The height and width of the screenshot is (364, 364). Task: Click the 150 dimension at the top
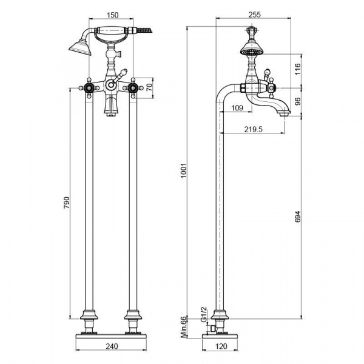tap(113, 15)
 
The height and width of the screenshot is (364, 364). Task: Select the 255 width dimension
tap(255, 15)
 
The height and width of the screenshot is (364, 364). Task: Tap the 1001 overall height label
tap(184, 170)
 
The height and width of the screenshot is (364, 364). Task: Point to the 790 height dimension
tap(67, 203)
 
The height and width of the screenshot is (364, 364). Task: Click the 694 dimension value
tap(298, 217)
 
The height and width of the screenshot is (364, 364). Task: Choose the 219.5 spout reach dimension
tap(253, 129)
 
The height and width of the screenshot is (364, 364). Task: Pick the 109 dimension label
tap(237, 108)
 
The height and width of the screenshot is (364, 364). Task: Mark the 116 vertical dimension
tap(298, 69)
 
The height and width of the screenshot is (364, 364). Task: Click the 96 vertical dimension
tap(298, 101)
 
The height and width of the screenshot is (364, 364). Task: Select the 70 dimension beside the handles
tap(150, 87)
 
